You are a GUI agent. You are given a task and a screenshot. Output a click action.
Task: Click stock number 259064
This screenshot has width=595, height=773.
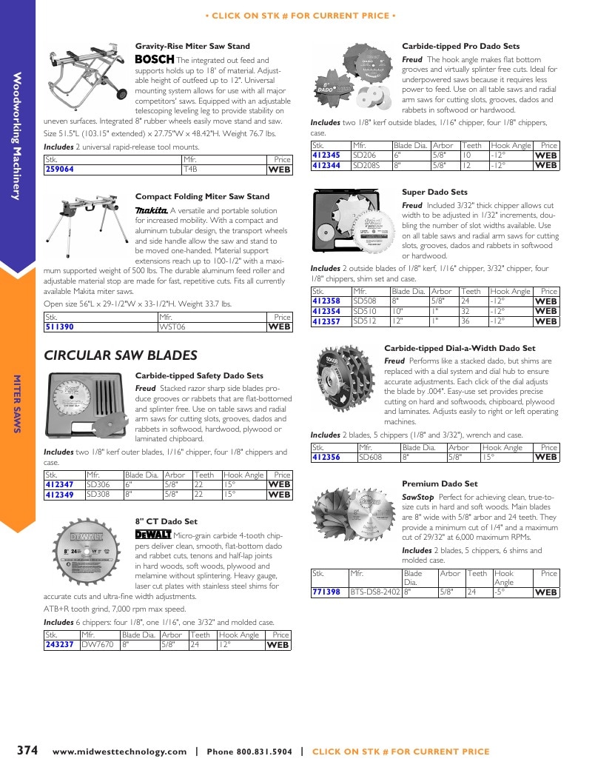point(59,169)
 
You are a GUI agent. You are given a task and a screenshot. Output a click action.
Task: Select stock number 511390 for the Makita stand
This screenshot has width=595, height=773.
point(59,327)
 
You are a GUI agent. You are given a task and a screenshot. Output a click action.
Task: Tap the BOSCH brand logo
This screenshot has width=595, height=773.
point(155,59)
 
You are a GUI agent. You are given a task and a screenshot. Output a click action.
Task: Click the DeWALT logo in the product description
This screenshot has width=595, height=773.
point(153,535)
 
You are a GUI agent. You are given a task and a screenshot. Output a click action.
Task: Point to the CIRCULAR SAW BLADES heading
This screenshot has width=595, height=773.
point(121,355)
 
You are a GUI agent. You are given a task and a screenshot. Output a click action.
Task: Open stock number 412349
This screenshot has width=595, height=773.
point(59,495)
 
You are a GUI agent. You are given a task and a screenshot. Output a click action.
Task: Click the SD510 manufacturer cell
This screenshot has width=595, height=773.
point(365,311)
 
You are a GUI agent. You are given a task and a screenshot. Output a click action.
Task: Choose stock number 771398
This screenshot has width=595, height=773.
point(326,592)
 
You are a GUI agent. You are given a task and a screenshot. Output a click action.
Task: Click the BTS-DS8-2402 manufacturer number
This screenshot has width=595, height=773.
point(374,592)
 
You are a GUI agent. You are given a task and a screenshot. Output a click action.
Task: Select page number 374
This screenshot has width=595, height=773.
point(27,750)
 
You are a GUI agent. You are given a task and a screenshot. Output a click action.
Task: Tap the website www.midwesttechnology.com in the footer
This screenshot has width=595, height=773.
point(120,752)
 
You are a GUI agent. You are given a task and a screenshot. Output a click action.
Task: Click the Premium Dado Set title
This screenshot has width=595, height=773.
point(440,483)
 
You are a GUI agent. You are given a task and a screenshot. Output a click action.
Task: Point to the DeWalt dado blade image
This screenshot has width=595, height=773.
point(87,551)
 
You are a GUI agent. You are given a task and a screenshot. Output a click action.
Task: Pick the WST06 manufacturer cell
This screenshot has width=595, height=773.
point(172,327)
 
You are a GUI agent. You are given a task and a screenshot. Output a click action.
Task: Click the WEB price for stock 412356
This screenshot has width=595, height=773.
point(545,457)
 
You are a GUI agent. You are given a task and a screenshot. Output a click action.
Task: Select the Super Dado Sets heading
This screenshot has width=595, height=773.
point(435,192)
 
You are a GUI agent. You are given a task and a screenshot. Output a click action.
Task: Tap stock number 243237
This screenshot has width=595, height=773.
point(59,644)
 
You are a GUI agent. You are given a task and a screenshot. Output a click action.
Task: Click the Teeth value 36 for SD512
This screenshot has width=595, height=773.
point(465,321)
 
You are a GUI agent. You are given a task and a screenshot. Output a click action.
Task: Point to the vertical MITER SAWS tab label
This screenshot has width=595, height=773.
point(17,404)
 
